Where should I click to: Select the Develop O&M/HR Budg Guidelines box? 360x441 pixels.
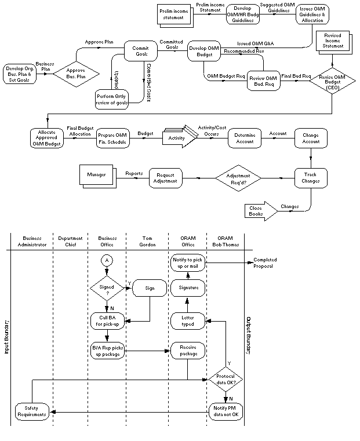tap(243, 13)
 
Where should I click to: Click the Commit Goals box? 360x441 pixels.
tap(141, 50)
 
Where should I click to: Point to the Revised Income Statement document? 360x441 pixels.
tap(333, 42)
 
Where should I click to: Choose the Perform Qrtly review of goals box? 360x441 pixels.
tap(112, 99)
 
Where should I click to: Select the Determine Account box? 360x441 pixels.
tap(245, 138)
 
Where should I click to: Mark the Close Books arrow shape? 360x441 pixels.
tap(259, 211)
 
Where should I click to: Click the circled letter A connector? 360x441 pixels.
tap(106, 261)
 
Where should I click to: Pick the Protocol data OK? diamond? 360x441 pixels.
tap(226, 380)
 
